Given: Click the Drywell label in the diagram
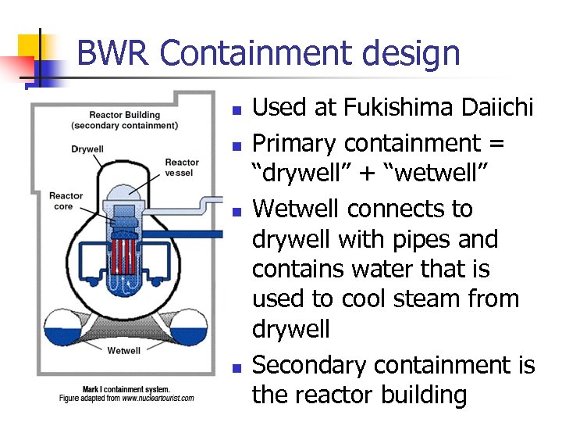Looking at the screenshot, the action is (x=87, y=148).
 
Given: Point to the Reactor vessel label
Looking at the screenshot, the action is (x=182, y=167).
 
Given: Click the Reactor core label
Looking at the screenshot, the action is (x=66, y=201).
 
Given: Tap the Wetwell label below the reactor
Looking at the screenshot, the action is (x=123, y=350).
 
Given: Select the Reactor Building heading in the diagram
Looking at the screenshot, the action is (x=125, y=115).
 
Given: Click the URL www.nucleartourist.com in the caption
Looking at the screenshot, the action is (x=158, y=399).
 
